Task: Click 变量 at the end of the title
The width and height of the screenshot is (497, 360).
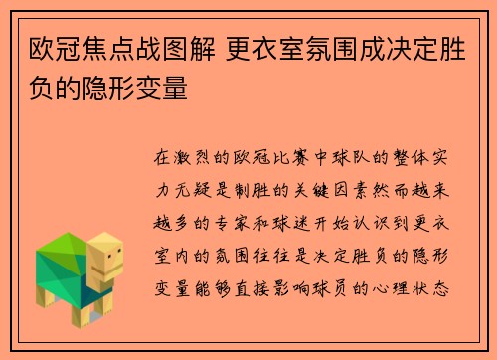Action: [x=161, y=88]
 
